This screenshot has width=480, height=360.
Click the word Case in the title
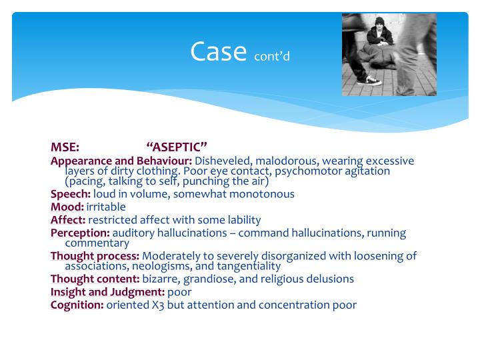click(x=219, y=51)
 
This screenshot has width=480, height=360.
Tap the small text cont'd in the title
click(x=272, y=56)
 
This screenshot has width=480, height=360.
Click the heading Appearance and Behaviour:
click(x=121, y=161)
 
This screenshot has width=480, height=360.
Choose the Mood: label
click(x=67, y=207)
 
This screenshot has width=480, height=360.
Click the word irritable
click(x=106, y=207)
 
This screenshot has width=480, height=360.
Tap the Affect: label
click(x=68, y=219)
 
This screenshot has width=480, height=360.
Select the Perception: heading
click(x=80, y=233)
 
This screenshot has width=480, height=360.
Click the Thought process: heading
click(x=95, y=255)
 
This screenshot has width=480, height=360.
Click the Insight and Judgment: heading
click(x=107, y=291)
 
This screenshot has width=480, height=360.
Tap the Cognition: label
click(x=77, y=305)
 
